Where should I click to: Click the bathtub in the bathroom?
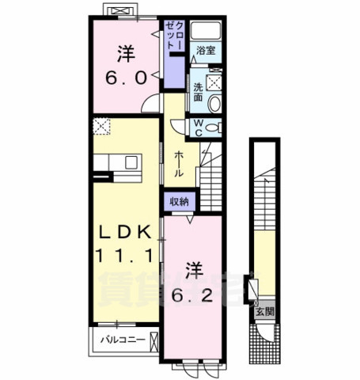[x=207, y=32]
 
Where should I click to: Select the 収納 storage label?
[x=179, y=202]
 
